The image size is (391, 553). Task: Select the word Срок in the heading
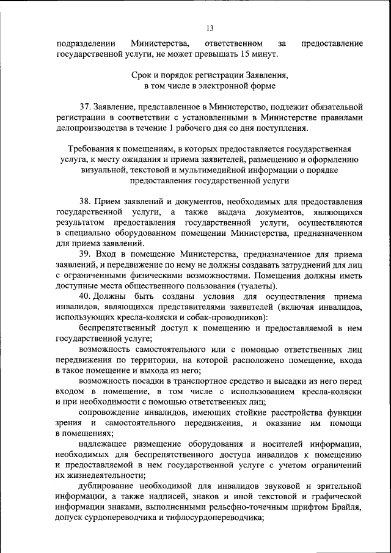click(142, 76)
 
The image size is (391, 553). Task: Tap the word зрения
click(69, 424)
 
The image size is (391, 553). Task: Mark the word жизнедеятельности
click(101, 475)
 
